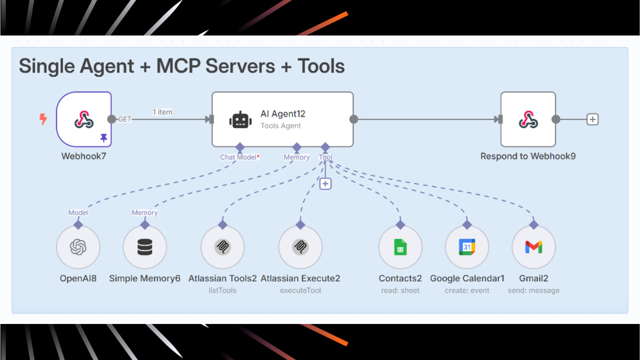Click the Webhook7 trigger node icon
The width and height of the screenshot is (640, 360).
(x=84, y=119)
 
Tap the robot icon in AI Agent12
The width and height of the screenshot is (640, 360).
(x=240, y=120)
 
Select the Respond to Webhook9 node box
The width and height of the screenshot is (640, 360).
(x=528, y=119)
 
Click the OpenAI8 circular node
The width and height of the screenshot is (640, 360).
(x=78, y=247)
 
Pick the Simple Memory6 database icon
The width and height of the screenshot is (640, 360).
(x=145, y=247)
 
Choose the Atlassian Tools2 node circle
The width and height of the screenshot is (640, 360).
(x=222, y=247)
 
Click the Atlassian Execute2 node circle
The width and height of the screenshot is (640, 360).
(x=300, y=247)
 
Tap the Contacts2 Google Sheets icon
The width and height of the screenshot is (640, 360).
(x=400, y=247)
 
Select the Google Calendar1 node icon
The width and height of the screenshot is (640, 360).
(x=467, y=247)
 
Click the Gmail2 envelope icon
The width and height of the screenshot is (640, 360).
(x=533, y=247)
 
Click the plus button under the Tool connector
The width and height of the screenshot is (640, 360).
(x=325, y=184)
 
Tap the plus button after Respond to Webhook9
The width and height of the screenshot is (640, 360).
(x=592, y=119)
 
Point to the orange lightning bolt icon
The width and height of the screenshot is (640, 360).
(x=43, y=119)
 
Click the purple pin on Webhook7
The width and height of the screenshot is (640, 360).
(x=103, y=138)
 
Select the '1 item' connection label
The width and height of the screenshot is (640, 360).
(x=162, y=112)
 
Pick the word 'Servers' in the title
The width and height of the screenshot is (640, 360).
(x=240, y=66)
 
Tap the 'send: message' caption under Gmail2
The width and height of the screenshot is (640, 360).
(x=533, y=290)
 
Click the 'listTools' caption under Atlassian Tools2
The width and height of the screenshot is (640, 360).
(x=222, y=290)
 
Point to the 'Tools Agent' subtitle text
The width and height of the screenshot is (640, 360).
(x=280, y=125)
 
